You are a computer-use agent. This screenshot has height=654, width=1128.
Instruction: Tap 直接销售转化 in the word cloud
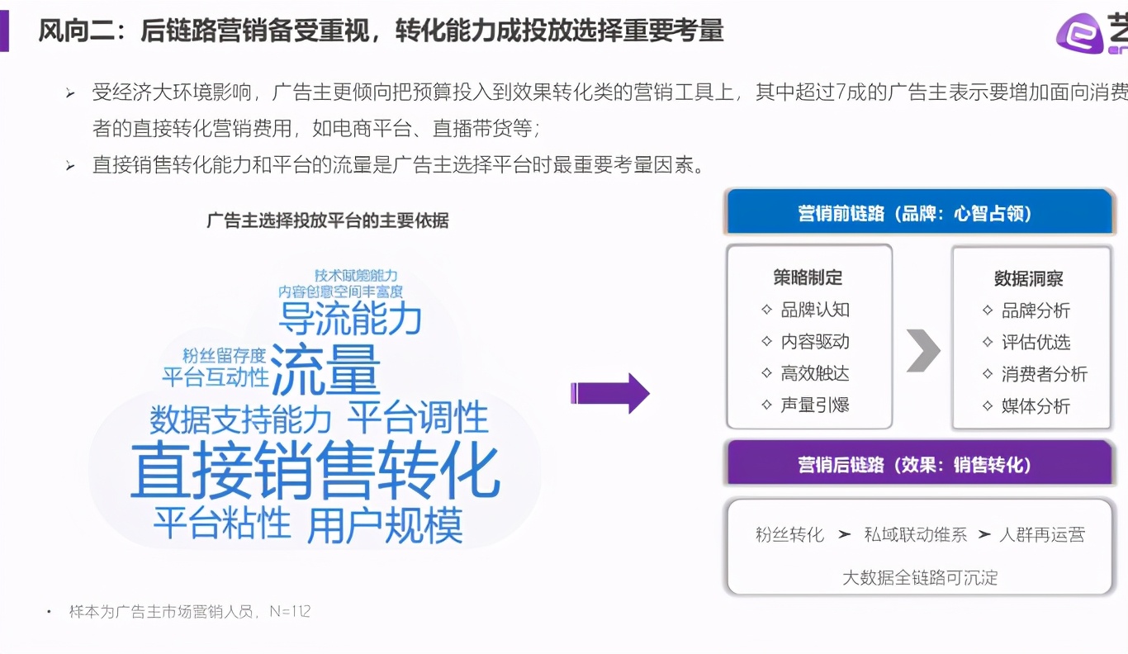tap(315, 471)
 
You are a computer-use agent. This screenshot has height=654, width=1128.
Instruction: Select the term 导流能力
tap(350, 319)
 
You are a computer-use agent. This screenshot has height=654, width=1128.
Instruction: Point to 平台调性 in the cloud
tap(417, 417)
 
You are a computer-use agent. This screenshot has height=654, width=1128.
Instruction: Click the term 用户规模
tap(385, 524)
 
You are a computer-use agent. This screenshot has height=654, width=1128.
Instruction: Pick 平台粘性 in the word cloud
tap(222, 523)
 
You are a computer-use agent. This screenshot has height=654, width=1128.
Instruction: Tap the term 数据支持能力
tap(240, 419)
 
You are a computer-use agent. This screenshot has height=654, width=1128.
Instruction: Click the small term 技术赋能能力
tap(356, 275)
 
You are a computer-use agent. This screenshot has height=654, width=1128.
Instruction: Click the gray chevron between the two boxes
tap(923, 350)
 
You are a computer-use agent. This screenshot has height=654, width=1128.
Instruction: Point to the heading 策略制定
tap(808, 277)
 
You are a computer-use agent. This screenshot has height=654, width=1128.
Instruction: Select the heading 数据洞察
tap(1029, 279)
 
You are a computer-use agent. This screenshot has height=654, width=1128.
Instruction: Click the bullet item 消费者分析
tap(1045, 374)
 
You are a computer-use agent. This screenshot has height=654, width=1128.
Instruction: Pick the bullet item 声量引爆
tap(815, 405)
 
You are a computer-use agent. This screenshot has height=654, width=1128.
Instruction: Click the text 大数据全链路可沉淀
tap(920, 577)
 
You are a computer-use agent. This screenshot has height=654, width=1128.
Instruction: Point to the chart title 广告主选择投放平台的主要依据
tap(328, 220)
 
